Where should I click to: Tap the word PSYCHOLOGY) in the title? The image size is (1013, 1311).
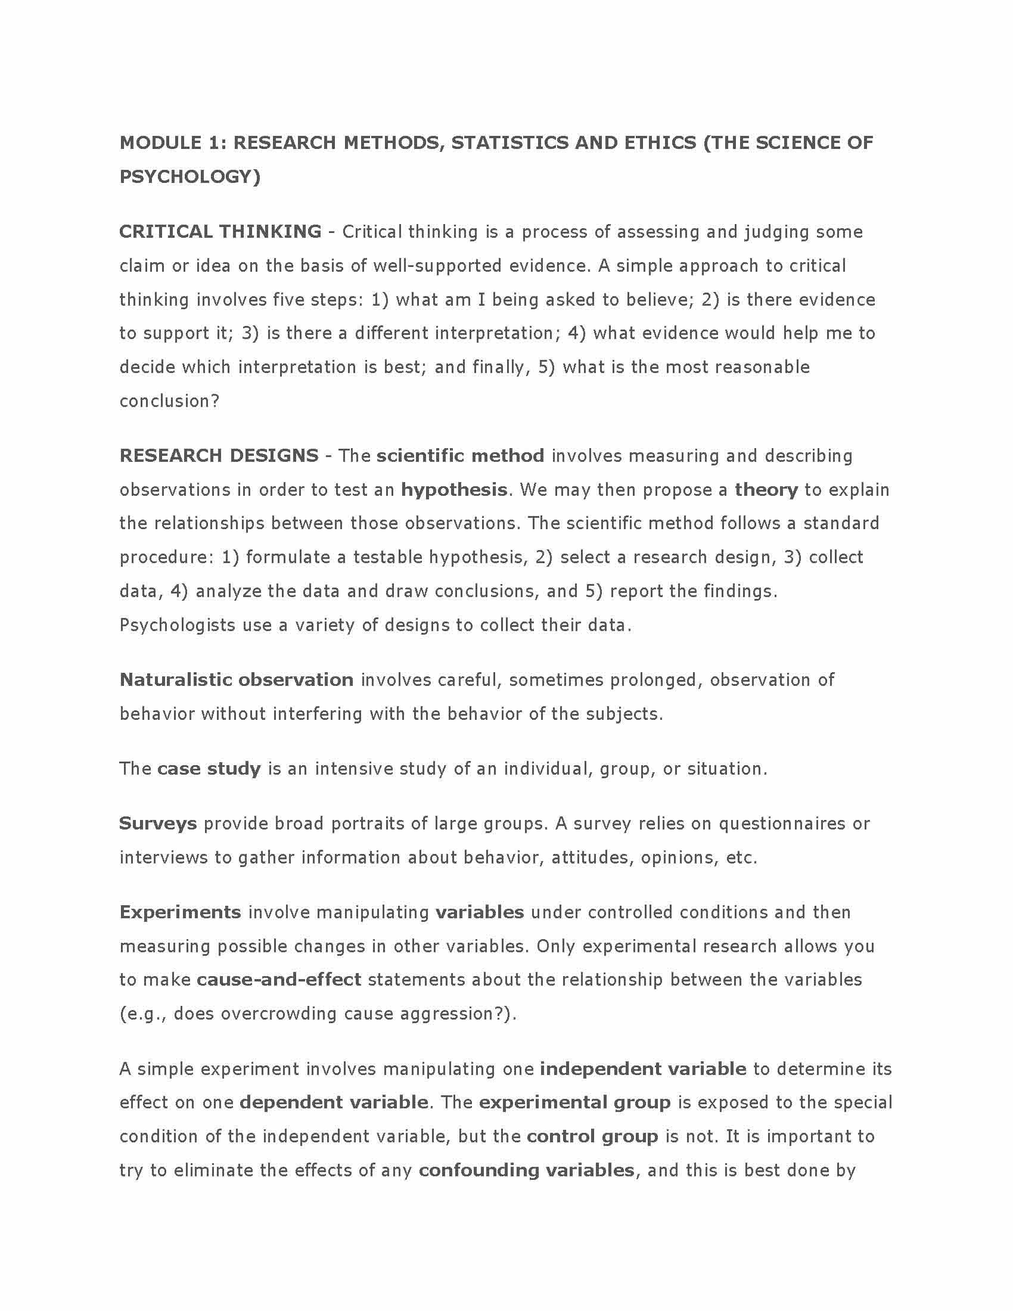tap(189, 176)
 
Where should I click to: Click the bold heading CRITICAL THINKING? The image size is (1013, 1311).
tap(220, 232)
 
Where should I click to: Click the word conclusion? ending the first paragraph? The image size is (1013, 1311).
tap(170, 400)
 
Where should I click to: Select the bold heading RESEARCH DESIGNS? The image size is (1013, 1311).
tap(219, 456)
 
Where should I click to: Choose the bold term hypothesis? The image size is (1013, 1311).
tap(453, 490)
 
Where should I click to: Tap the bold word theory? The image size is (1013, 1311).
tap(766, 490)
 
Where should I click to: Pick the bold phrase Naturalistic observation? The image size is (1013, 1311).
tap(237, 679)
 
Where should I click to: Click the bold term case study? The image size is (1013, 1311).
tap(209, 768)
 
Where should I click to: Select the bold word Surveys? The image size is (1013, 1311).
tap(158, 823)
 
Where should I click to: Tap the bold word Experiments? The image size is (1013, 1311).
tap(180, 912)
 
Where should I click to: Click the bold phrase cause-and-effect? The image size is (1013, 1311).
tap(279, 979)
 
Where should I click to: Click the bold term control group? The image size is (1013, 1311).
tap(592, 1136)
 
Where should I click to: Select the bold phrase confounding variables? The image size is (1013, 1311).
tap(526, 1170)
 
